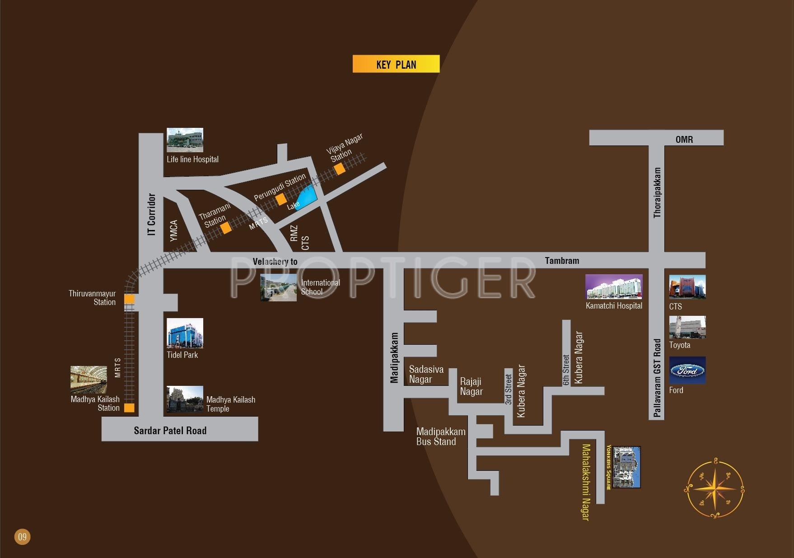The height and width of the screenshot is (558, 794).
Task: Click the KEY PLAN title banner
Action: [x=396, y=64]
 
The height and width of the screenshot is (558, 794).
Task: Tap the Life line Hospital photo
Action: [x=185, y=140]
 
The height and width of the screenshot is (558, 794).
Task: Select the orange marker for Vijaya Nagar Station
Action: [x=340, y=169]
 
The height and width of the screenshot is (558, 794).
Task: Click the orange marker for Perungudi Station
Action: [x=281, y=199]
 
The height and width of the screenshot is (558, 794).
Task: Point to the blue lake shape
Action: [x=307, y=197]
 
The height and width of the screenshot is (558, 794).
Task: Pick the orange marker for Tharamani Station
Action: [x=226, y=228]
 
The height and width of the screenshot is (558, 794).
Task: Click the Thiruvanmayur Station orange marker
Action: [x=129, y=299]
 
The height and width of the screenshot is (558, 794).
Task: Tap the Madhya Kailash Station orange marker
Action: [x=129, y=408]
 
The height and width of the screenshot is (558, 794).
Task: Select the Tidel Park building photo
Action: [x=185, y=333]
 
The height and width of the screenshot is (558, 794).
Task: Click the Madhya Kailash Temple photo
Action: [x=185, y=399]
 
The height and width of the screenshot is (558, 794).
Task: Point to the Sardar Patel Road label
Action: [x=170, y=431]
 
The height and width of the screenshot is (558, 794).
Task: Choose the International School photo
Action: [x=278, y=287]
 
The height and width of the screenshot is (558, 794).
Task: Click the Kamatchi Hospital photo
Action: [x=613, y=286]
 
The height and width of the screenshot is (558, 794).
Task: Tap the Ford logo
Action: [x=687, y=370]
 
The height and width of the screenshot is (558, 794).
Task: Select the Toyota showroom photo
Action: [x=687, y=327]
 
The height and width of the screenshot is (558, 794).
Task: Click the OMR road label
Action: [x=684, y=139]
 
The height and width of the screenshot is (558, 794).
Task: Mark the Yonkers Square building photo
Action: [x=626, y=467]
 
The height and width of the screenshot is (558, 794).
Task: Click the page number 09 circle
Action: [x=22, y=537]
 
